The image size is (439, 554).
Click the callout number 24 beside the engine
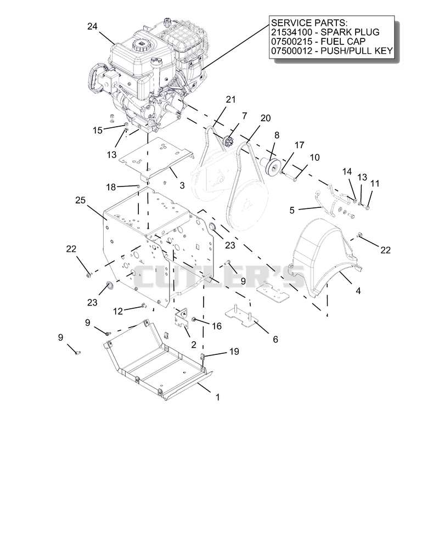92,26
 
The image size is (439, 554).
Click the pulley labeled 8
272,166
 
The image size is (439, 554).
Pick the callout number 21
231,100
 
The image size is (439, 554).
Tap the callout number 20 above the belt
266,118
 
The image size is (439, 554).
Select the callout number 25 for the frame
81,200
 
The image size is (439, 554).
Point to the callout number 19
234,352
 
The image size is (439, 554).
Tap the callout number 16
217,326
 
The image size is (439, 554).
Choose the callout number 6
275,340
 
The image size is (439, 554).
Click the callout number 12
117,311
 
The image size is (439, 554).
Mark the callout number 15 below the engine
98,131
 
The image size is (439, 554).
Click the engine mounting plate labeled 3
155,159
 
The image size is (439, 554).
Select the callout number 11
375,183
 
